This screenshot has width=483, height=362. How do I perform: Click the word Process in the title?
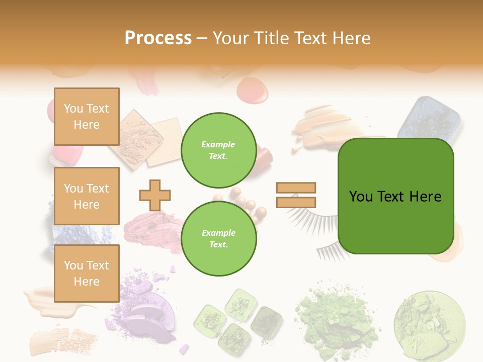pyautogui.click(x=158, y=38)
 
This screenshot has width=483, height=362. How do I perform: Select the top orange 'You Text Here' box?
pyautogui.click(x=87, y=117)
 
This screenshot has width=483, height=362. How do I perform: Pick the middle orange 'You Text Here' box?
pyautogui.click(x=87, y=196)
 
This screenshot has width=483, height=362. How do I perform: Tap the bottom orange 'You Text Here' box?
pyautogui.click(x=87, y=274)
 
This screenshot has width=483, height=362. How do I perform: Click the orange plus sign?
pyautogui.click(x=155, y=195)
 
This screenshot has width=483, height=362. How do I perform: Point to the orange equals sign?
pyautogui.click(x=296, y=195)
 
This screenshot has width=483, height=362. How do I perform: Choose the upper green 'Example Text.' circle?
pyautogui.click(x=218, y=150)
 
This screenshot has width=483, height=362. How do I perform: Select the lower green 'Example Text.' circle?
pyautogui.click(x=218, y=238)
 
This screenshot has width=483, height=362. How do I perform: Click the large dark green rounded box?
pyautogui.click(x=395, y=196)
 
